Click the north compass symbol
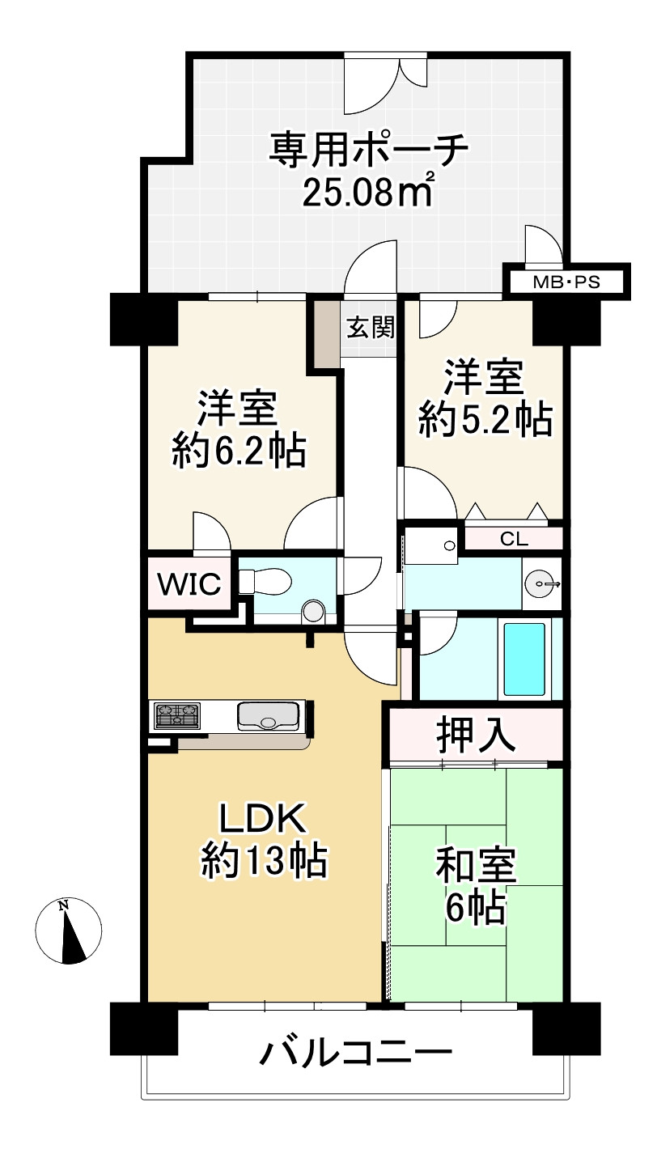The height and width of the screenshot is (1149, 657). coord(69,931)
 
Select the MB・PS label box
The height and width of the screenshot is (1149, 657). coord(566,282)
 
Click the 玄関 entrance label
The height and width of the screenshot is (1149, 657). coord(371,328)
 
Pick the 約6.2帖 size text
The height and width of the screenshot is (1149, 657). coord(239,450)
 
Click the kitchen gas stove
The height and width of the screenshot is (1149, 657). coord(177,715)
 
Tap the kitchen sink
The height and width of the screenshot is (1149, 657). coord(268,715)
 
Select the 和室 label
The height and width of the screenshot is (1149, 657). coord(476,867)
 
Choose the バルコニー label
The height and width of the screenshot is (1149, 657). coord(355,1053)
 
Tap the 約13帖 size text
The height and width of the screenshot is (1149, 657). coord(264,863)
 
